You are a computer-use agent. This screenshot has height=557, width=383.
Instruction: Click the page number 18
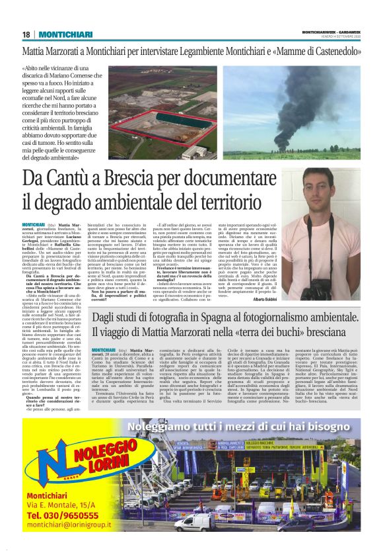[x=26, y=34]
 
